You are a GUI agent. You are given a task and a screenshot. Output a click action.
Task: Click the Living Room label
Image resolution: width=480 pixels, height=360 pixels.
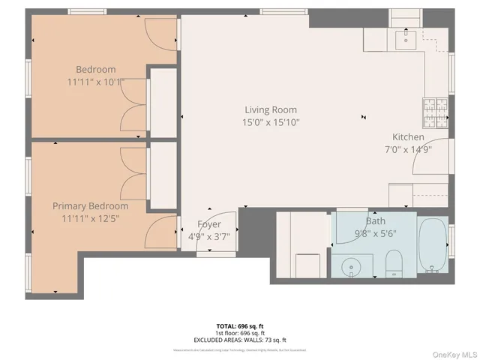point(271,109)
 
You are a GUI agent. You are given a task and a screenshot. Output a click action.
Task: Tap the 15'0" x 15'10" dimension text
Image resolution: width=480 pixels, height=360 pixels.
point(271,122)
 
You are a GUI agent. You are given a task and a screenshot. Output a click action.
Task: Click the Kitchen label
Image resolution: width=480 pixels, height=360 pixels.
point(408,137)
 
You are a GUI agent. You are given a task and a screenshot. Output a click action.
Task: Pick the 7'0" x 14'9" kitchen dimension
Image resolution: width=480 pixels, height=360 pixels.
point(408,148)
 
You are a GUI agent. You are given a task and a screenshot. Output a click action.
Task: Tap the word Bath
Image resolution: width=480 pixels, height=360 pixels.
point(375,221)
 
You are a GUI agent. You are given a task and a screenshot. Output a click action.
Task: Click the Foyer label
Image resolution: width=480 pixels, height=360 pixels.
point(208,224)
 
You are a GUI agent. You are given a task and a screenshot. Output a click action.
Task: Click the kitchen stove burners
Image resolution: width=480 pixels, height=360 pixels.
point(434,112)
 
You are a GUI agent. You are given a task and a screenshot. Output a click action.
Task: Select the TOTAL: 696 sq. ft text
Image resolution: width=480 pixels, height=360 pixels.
point(240,326)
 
